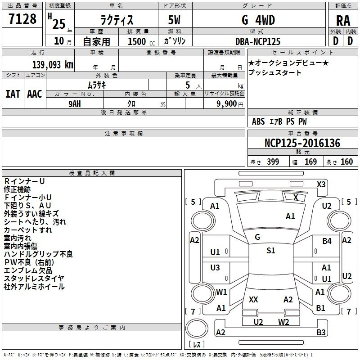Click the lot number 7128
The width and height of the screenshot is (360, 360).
(22, 18)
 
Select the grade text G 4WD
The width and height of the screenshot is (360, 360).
(258, 20)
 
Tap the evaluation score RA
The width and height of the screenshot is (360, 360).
(343, 21)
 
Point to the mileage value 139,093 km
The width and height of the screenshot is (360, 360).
(53, 64)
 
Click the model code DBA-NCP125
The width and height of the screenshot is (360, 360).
(258, 41)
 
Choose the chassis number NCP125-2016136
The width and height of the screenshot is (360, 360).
(302, 143)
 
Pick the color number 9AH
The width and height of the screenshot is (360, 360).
(75, 104)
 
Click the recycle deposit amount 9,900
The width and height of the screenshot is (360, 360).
(227, 104)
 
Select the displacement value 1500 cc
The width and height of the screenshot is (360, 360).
(141, 41)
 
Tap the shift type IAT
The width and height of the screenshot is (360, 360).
(13, 94)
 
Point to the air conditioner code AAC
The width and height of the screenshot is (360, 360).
(35, 94)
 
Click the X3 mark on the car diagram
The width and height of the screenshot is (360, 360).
(321, 184)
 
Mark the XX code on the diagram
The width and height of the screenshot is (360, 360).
(253, 299)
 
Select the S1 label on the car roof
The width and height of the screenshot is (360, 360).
(271, 250)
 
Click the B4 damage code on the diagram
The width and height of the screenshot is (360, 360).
(327, 241)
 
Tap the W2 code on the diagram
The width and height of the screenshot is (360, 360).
(283, 322)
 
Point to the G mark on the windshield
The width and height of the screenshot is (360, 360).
(257, 237)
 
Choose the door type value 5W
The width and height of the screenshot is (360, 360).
(174, 20)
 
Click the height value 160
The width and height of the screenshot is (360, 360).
(346, 162)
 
